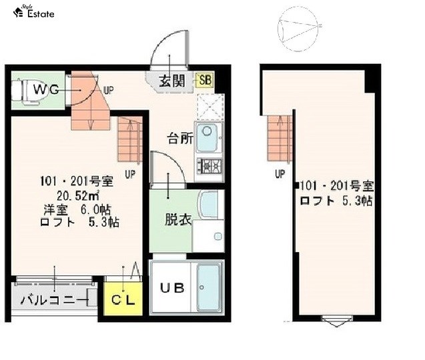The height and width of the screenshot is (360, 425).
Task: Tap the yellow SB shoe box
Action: coord(207,81)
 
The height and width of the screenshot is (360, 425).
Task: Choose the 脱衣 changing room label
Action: coord(178,219)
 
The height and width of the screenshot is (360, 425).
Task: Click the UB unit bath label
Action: coord(172,288)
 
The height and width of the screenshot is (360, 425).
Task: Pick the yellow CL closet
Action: coord(121,299)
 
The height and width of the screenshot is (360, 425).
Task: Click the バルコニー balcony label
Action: coord(53,300)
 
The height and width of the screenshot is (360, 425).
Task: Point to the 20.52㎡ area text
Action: coord(77,195)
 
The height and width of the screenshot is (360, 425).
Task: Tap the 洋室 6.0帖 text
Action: coord(77,209)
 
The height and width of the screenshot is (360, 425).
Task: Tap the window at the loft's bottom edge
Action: coord(335,321)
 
